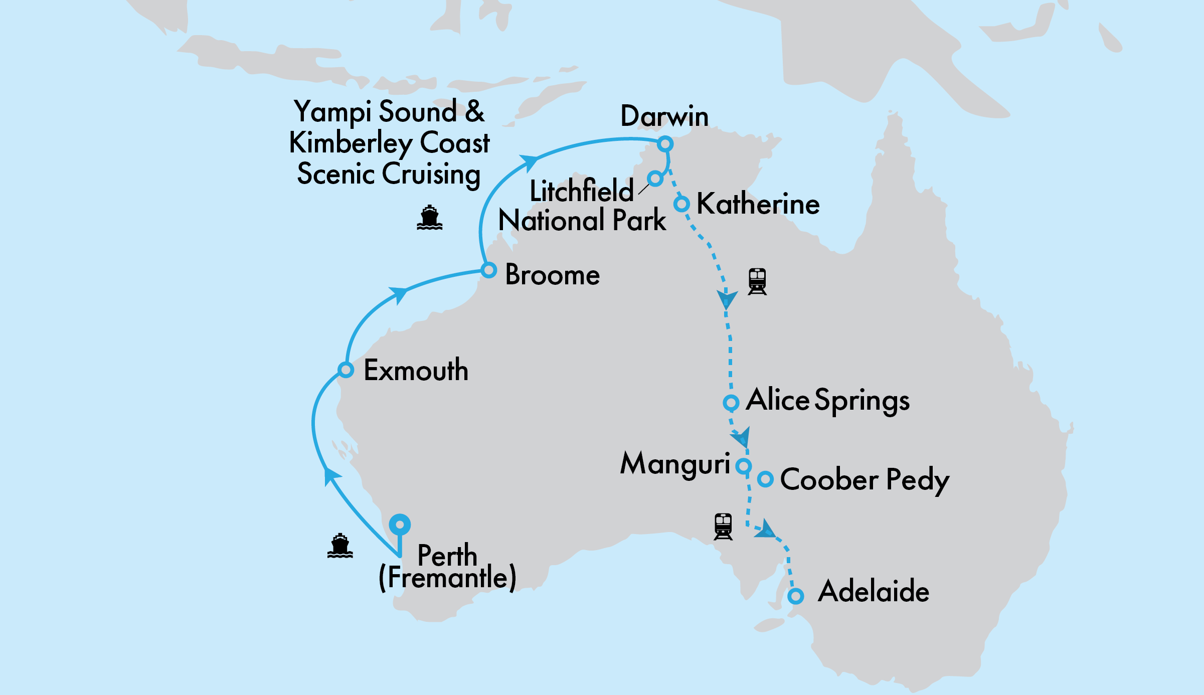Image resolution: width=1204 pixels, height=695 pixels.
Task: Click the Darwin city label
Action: click(x=664, y=116)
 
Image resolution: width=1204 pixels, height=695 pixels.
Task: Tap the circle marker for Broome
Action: click(x=488, y=270)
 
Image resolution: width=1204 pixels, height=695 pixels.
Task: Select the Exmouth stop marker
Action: click(x=346, y=370)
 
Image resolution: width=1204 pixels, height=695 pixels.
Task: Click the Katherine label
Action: click(x=758, y=204)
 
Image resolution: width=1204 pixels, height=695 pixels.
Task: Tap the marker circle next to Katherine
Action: click(x=681, y=204)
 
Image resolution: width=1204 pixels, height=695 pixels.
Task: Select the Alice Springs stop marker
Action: click(x=731, y=402)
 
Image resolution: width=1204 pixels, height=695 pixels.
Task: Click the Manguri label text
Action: click(x=674, y=464)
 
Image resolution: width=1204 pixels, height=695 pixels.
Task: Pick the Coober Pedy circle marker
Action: click(x=765, y=479)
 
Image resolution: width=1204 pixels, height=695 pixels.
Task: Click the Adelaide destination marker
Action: click(x=795, y=596)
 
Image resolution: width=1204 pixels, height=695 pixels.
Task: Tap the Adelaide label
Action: click(x=874, y=591)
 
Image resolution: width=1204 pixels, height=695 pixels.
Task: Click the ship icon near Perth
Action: click(x=340, y=546)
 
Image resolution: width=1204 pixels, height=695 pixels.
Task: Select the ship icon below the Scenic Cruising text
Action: click(x=430, y=218)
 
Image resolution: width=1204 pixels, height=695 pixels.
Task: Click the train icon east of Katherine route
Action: click(x=757, y=281)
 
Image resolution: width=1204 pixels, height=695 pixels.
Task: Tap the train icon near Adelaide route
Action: click(x=723, y=527)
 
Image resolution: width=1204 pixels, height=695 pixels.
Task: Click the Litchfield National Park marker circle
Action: click(x=655, y=178)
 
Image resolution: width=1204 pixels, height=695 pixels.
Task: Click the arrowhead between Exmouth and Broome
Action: click(x=399, y=294)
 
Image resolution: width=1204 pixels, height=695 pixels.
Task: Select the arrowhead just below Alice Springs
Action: click(x=742, y=438)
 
